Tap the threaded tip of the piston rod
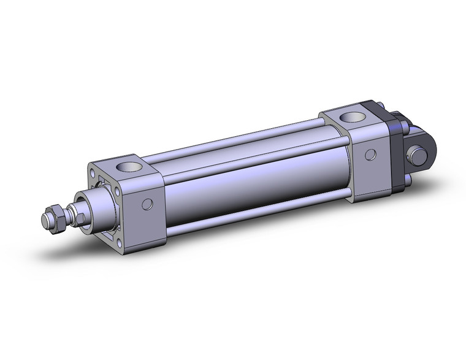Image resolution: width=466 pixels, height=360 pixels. pos(46,219)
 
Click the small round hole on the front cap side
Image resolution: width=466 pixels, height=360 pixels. pos(146,204)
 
